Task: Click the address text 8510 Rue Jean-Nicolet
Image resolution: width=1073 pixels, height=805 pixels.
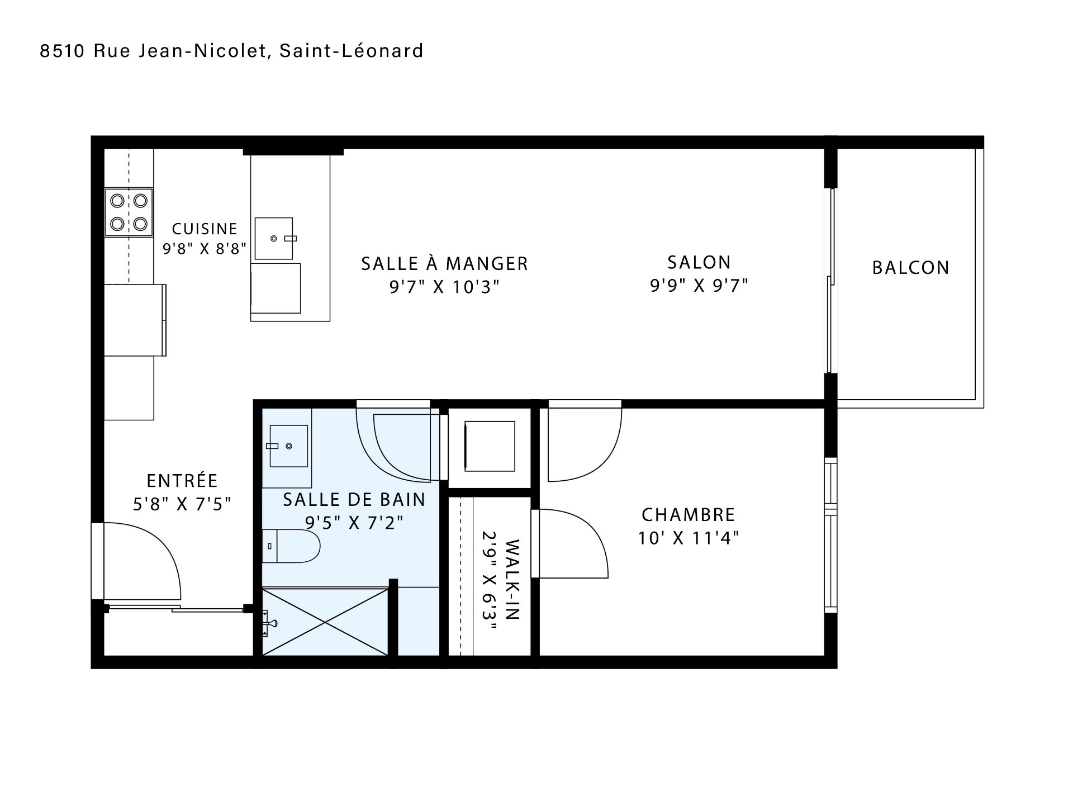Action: [x=152, y=51]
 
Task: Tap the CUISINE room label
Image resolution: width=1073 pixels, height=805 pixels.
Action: [x=205, y=229]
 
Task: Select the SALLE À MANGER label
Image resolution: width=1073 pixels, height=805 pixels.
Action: [x=444, y=263]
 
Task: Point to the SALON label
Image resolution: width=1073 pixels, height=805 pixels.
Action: [x=699, y=262]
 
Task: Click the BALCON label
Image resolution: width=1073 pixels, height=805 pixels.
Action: [x=911, y=268]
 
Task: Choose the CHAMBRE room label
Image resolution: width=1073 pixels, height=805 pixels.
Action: [x=689, y=514]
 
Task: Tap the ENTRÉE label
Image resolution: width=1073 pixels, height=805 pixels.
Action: [x=182, y=480]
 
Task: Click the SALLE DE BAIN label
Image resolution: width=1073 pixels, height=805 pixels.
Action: [x=354, y=499]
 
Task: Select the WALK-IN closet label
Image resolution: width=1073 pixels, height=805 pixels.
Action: [x=512, y=580]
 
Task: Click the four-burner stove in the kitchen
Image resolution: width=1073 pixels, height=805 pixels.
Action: [x=129, y=212]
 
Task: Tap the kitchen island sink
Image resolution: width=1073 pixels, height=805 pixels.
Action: [x=274, y=239]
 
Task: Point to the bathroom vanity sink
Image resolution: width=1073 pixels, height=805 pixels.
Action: [x=288, y=446]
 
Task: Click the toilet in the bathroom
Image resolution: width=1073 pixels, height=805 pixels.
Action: [x=291, y=546]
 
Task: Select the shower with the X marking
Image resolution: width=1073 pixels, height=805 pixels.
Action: [x=325, y=621]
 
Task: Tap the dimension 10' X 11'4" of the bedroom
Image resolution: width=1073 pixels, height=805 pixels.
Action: [x=689, y=538]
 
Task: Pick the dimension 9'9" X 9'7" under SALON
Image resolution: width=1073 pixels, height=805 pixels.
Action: [x=699, y=286]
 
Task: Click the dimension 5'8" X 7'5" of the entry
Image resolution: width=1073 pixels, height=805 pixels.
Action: [x=182, y=504]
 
